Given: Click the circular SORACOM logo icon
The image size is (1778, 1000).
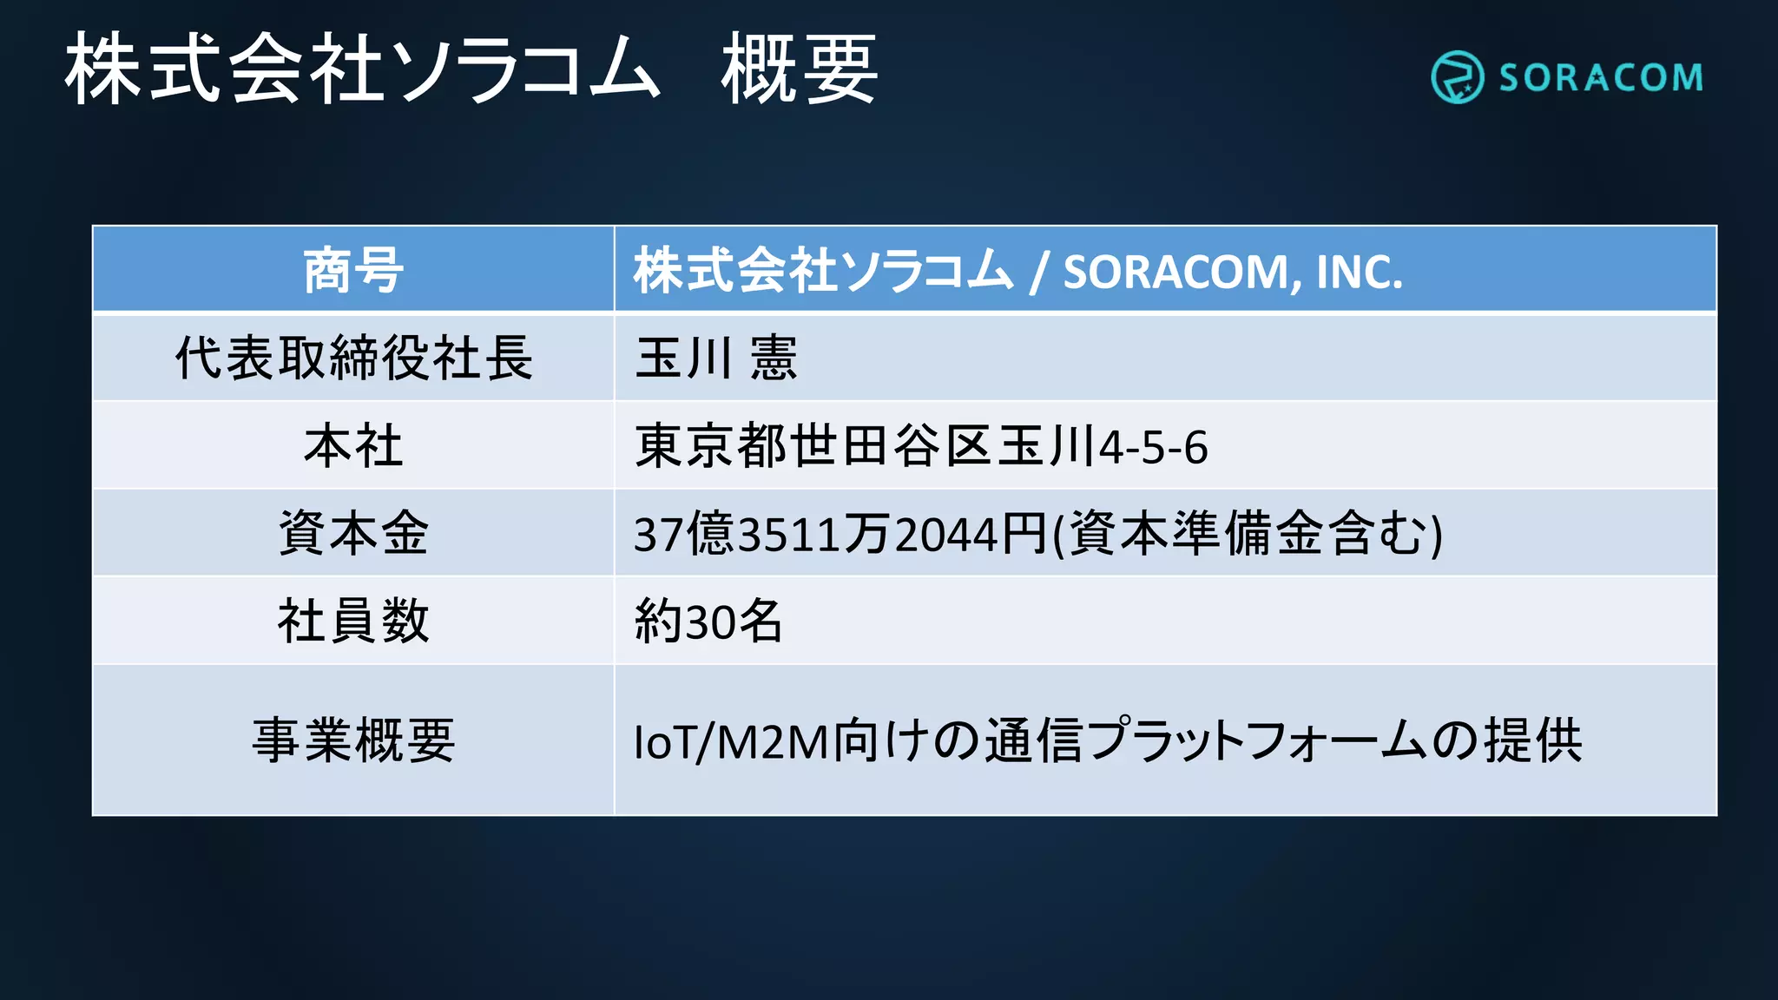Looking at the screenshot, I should point(1457,77).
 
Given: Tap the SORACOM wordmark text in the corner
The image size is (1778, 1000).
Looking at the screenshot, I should point(1601,78).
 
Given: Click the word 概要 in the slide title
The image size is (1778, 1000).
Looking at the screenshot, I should point(799,69).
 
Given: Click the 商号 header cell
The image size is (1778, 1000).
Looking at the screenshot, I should point(353,270).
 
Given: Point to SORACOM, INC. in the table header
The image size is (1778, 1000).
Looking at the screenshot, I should point(1233,272).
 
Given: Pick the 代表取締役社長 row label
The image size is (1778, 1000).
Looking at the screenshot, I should point(353,358).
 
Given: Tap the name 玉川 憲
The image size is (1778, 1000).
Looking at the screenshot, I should point(715,358).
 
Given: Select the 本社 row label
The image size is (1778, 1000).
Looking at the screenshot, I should point(353,446).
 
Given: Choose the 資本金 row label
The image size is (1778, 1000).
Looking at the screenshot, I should point(353,533).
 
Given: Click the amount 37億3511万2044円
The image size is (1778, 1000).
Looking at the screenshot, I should point(840,534).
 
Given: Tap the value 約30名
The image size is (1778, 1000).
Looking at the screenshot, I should point(708,622).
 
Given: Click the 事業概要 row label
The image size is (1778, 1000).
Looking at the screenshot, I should point(353,740).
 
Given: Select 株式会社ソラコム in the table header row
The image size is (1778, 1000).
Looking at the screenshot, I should point(823,270).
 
